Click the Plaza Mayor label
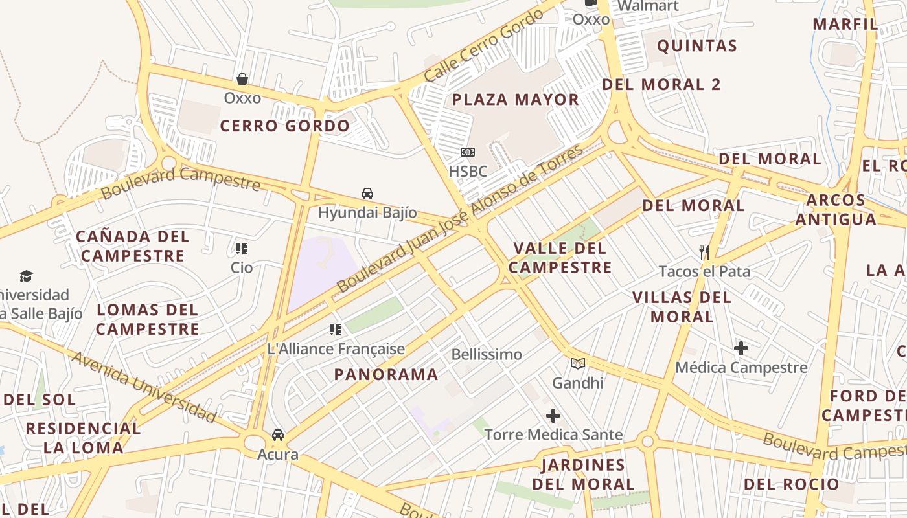[x=515, y=100]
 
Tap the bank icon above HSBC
[x=467, y=152]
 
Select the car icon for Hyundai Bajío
[x=367, y=193]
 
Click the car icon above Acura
[x=278, y=434]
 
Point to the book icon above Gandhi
[x=578, y=363]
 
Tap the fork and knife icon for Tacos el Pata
[x=704, y=252]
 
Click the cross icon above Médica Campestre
[x=741, y=348]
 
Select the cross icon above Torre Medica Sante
[x=553, y=416]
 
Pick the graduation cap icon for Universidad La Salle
[x=26, y=276]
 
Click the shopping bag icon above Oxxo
[x=242, y=79]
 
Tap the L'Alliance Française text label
[x=336, y=349]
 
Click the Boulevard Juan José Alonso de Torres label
[x=460, y=218]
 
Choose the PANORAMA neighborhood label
[x=386, y=374]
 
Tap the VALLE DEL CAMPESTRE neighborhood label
[x=560, y=258]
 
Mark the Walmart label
[x=647, y=6]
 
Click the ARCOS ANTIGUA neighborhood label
[x=835, y=210]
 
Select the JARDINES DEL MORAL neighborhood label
[x=583, y=474]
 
